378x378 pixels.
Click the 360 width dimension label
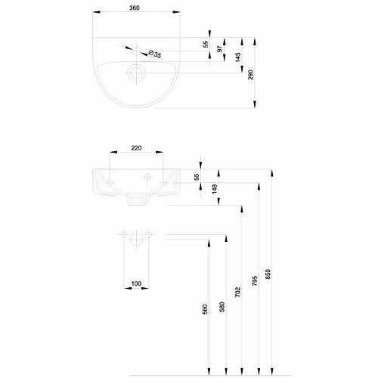point(135,8)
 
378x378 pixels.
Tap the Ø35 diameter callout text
point(155,54)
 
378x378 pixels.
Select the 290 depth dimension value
point(250,75)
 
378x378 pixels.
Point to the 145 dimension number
point(238,57)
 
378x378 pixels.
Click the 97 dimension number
point(220,49)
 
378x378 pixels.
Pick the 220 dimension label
point(136,148)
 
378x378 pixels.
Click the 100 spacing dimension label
point(136,283)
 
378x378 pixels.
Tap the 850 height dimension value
point(268,274)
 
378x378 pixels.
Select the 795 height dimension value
point(255,280)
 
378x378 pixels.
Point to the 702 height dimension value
point(237,292)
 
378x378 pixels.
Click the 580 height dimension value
point(222,307)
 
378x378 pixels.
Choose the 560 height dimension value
point(205,309)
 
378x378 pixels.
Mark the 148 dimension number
point(215,189)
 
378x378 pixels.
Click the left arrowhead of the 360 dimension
point(97,12)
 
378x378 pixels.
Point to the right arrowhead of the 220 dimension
point(160,152)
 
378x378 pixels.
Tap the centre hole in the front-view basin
point(147,177)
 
